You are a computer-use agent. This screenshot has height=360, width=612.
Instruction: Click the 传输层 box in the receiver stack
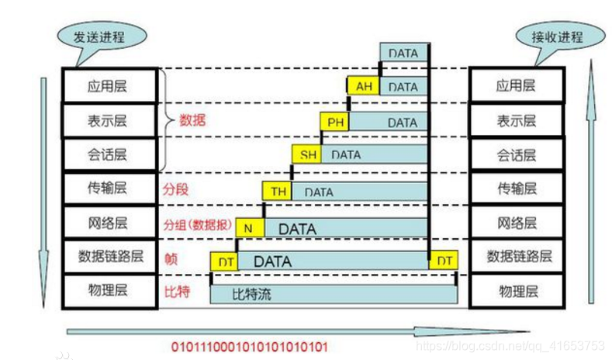(x=516, y=188)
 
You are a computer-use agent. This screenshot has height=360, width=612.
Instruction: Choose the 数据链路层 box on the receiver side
(x=516, y=257)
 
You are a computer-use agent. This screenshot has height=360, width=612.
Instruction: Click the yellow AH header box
(x=363, y=87)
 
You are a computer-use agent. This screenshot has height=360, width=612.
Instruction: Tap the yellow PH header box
(x=334, y=122)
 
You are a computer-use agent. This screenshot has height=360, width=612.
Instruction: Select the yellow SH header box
(x=308, y=154)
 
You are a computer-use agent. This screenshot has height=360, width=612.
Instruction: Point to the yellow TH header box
(x=278, y=191)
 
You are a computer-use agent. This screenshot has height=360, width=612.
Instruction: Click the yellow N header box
(x=249, y=229)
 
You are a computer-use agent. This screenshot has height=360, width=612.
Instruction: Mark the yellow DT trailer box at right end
(x=444, y=261)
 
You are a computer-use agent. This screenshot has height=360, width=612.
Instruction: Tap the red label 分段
(x=175, y=189)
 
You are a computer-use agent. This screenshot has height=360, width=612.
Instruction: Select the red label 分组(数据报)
(x=197, y=224)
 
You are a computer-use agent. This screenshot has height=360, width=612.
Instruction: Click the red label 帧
(x=169, y=258)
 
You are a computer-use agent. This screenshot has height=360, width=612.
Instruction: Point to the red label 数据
(x=192, y=120)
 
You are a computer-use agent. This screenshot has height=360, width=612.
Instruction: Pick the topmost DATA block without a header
(x=403, y=54)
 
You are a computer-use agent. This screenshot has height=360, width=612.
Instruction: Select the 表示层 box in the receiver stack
(x=516, y=121)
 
